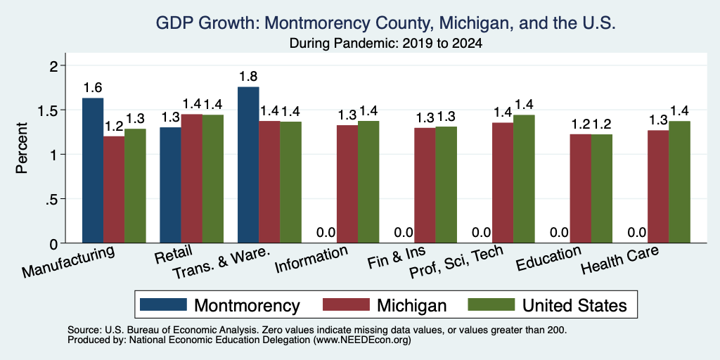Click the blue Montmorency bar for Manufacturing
pyautogui.click(x=93, y=170)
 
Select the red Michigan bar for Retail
pyautogui.click(x=191, y=179)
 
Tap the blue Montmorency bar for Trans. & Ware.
pyautogui.click(x=248, y=165)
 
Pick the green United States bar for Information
pyautogui.click(x=368, y=182)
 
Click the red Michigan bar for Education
pyautogui.click(x=580, y=188)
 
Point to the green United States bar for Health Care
pyautogui.click(x=679, y=182)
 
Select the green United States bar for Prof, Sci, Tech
pyautogui.click(x=524, y=179)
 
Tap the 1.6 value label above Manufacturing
pyautogui.click(x=93, y=88)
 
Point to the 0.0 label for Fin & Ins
pyautogui.click(x=404, y=233)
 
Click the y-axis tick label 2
pyautogui.click(x=54, y=66)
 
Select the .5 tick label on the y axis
pyautogui.click(x=53, y=199)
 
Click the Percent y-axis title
pyautogui.click(x=22, y=148)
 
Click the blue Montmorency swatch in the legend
pyautogui.click(x=163, y=304)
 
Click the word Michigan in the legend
pyautogui.click(x=411, y=305)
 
